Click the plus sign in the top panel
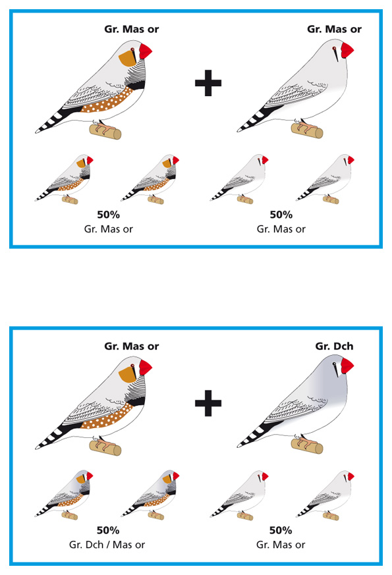208,83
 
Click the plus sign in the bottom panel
208,403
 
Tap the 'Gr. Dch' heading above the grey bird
334,346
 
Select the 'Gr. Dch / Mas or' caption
107,545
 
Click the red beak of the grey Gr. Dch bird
347,366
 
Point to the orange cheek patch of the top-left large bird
127,58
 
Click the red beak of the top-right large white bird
347,50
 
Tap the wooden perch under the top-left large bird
105,132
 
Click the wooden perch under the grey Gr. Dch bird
307,447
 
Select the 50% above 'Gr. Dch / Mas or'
108,530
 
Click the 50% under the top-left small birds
108,215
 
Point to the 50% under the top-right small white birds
281,215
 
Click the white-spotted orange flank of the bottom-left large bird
106,417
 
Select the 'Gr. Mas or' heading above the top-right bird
334,30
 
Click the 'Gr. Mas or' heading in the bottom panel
132,346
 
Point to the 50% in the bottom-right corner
281,530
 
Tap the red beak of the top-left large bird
145,51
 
